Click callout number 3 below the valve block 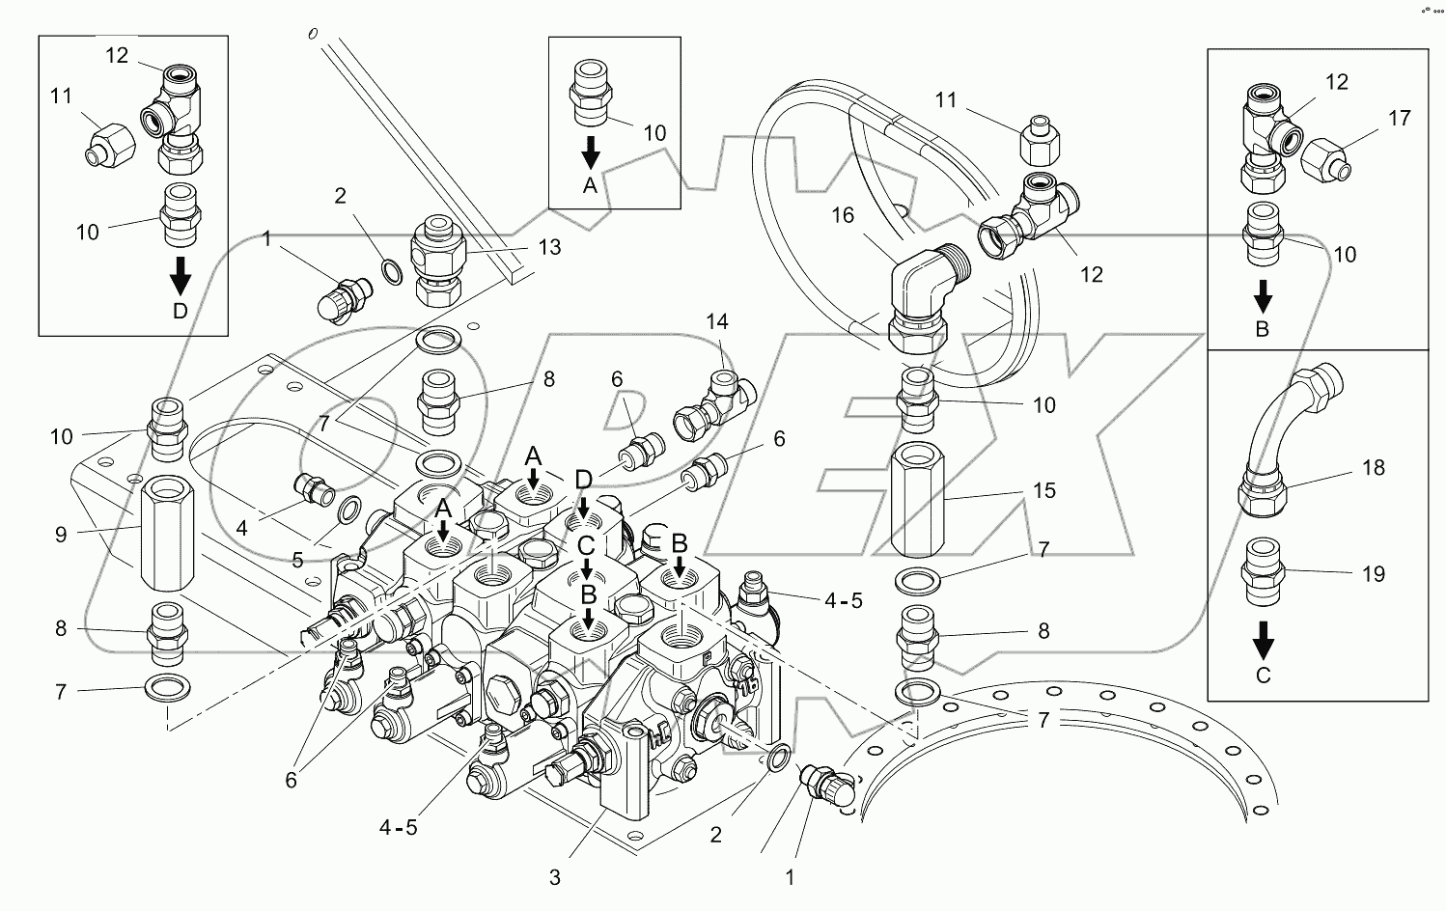(x=554, y=878)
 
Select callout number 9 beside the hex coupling (x=61, y=534)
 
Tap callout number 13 (x=549, y=248)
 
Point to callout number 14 (x=717, y=321)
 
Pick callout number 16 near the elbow (x=843, y=214)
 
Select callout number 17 (x=1399, y=119)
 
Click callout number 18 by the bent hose (x=1372, y=467)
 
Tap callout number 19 (x=1372, y=574)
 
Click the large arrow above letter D (x=180, y=279)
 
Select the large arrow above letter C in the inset (x=1263, y=638)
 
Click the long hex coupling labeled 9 (x=168, y=537)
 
